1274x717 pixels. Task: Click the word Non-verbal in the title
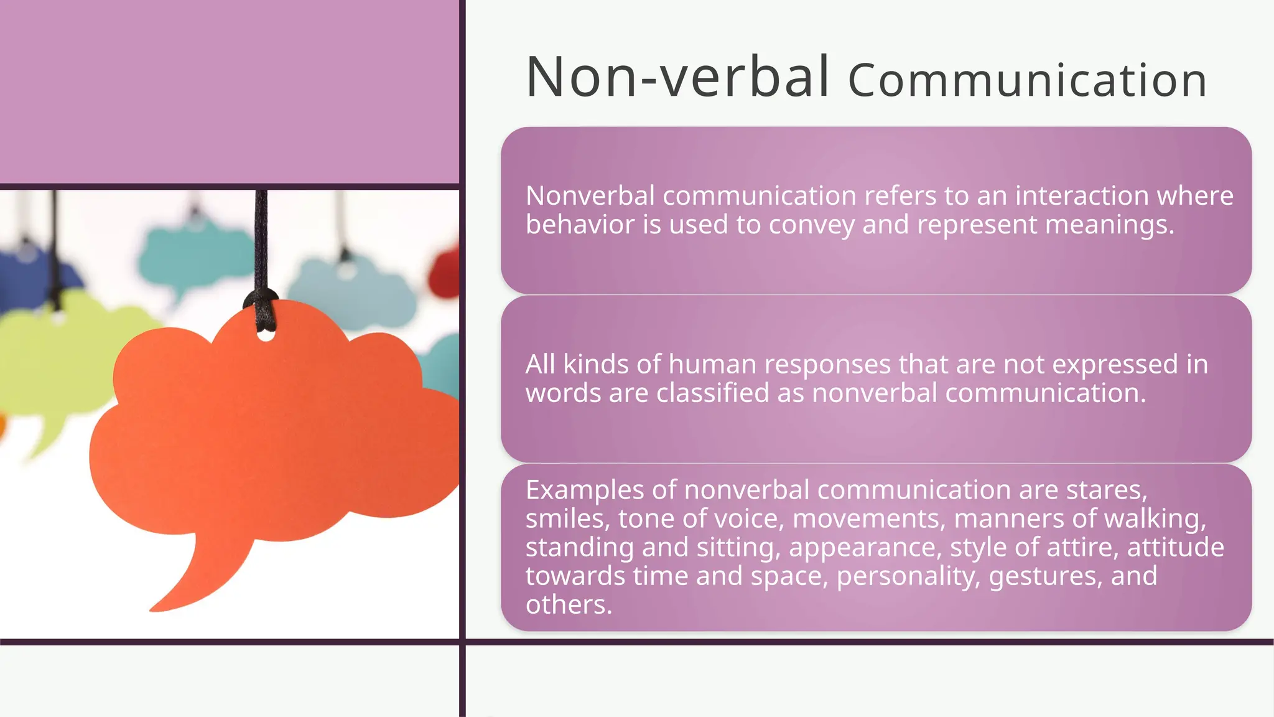coord(677,77)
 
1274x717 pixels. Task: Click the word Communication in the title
coord(1027,81)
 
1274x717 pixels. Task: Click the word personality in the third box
coord(908,576)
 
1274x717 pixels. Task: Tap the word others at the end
coord(568,605)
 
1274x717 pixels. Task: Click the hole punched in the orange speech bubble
coord(266,336)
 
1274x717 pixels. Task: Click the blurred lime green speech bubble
coord(56,367)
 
